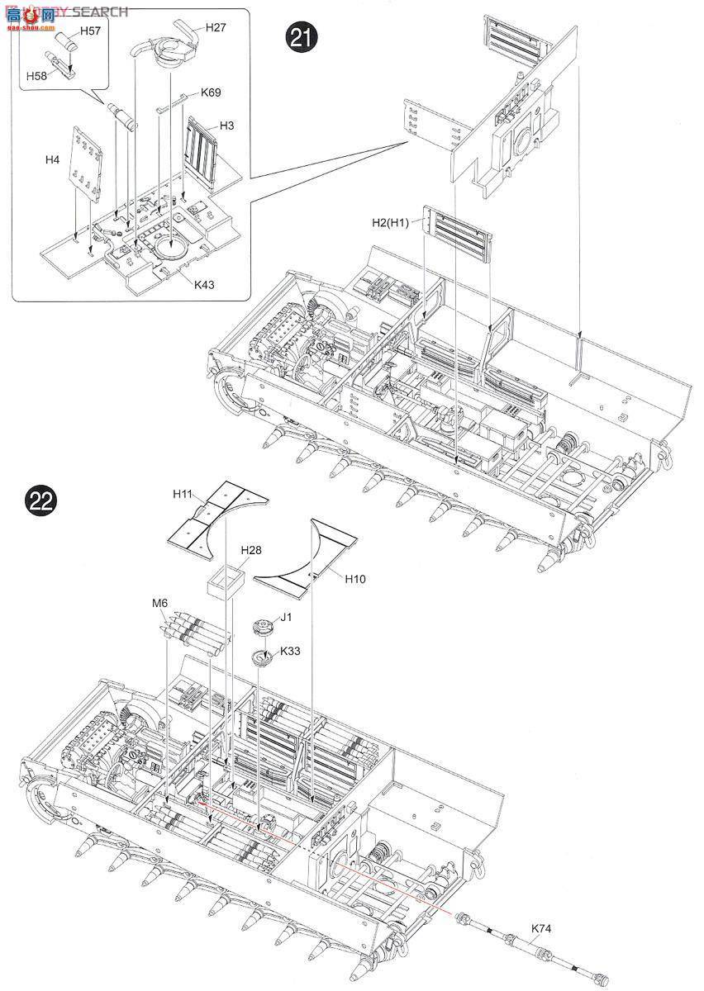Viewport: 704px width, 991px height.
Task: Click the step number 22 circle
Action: tap(40, 500)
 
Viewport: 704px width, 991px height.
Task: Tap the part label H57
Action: tap(90, 31)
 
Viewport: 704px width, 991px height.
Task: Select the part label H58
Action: tap(36, 75)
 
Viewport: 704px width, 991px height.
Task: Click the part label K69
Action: tap(211, 92)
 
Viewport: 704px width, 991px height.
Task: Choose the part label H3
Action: tap(227, 126)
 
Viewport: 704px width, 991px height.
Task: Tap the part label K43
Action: tap(205, 284)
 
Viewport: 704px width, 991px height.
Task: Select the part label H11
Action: tap(183, 493)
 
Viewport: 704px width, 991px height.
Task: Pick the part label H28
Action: tap(250, 550)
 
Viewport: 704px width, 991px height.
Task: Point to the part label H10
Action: tap(356, 579)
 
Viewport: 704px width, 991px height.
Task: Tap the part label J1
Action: tap(287, 616)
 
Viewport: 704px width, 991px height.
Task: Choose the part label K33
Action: tap(290, 651)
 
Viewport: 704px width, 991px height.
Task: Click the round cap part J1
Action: tap(262, 627)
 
